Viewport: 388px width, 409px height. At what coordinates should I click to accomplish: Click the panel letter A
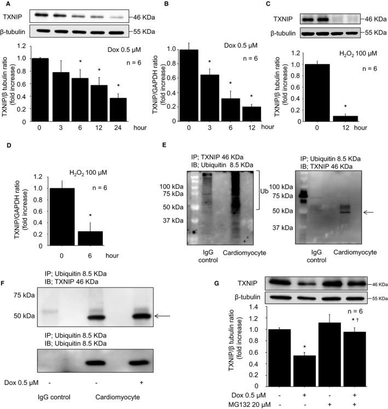pyautogui.click(x=4, y=4)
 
